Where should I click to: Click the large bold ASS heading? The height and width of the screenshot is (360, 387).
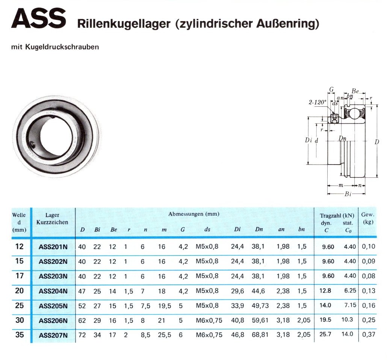pos(39,18)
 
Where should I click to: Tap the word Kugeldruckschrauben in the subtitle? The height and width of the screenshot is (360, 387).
pos(62,47)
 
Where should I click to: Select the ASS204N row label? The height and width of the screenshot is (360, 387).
pos(53,291)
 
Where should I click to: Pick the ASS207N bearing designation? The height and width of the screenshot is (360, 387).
pos(53,335)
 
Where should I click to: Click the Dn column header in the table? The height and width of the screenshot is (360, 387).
pos(259,229)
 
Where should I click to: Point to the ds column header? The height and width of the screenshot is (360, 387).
pos(207,229)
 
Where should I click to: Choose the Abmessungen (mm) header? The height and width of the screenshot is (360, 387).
pos(194,214)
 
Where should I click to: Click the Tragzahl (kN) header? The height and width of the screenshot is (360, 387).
pos(337,216)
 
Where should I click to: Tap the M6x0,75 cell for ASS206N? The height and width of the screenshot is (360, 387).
pos(209,321)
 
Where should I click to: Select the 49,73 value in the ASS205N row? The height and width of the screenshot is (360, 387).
pos(260,306)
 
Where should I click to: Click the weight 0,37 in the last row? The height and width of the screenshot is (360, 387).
pos(369,334)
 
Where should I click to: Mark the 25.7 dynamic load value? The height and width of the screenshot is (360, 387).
pos(325,334)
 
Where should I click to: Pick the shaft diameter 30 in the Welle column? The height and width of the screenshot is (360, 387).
pos(20,320)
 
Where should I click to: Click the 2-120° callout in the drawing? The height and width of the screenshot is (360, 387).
pos(317,102)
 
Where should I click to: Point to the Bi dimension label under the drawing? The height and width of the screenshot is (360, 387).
pos(348,194)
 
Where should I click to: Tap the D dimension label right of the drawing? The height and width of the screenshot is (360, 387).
pos(376,142)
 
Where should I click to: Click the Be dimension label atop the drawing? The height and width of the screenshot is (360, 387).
pos(355,91)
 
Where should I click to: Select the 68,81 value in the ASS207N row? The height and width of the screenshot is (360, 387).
pos(260,335)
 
